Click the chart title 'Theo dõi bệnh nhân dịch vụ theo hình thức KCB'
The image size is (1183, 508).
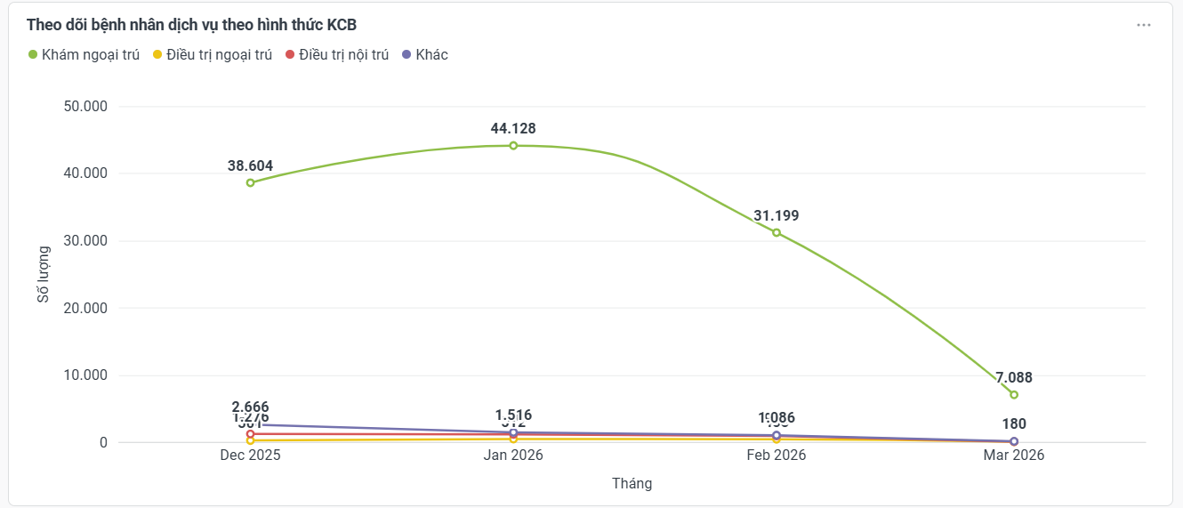click(x=191, y=25)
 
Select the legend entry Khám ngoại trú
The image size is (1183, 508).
click(x=84, y=55)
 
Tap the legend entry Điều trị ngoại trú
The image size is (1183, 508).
click(x=213, y=55)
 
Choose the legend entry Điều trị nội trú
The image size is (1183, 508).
click(x=337, y=55)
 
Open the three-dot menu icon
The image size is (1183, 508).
click(x=1144, y=25)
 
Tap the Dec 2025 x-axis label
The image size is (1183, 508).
click(x=251, y=455)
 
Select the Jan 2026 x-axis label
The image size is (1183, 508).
click(x=513, y=455)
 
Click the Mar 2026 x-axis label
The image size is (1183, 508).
click(x=1014, y=455)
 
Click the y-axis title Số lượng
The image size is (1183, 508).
click(x=44, y=274)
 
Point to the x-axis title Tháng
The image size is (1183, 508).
click(x=632, y=483)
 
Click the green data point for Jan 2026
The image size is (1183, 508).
click(x=513, y=146)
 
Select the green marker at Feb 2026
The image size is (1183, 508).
click(x=777, y=232)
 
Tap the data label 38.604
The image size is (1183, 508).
click(x=250, y=165)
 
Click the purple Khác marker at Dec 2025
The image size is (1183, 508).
click(x=251, y=424)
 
